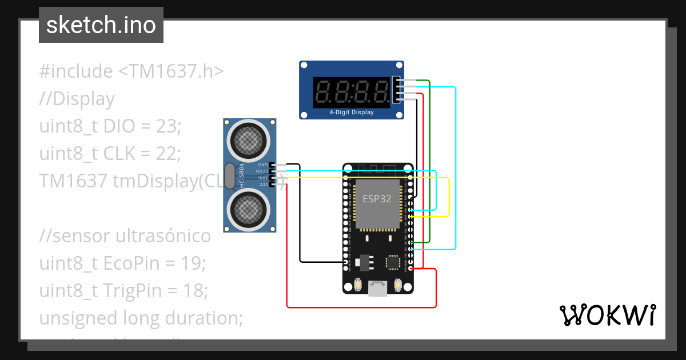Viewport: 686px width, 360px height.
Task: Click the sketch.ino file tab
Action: click(101, 25)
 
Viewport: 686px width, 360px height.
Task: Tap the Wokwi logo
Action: click(607, 315)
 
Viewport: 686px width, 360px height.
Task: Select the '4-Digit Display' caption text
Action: click(352, 113)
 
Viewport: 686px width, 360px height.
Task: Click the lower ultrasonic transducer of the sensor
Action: click(248, 211)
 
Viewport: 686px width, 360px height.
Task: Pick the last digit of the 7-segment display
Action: click(380, 91)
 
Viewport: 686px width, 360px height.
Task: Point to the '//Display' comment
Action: click(77, 99)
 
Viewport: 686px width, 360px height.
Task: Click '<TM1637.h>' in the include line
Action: click(171, 71)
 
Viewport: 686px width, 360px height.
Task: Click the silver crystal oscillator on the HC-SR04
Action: click(229, 176)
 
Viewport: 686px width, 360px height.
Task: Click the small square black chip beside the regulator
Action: click(393, 262)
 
